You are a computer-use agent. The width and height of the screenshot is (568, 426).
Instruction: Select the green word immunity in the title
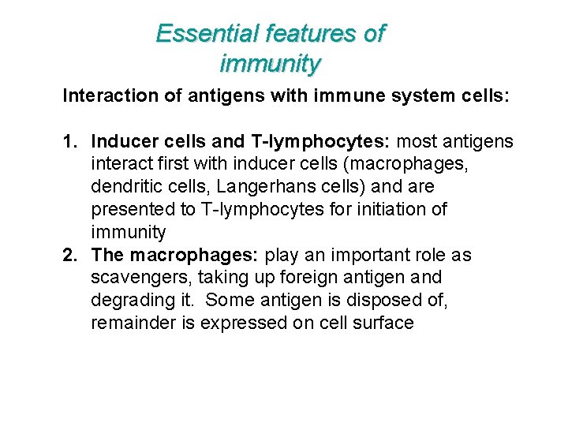click(x=271, y=62)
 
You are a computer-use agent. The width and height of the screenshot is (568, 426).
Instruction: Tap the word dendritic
click(x=126, y=187)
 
